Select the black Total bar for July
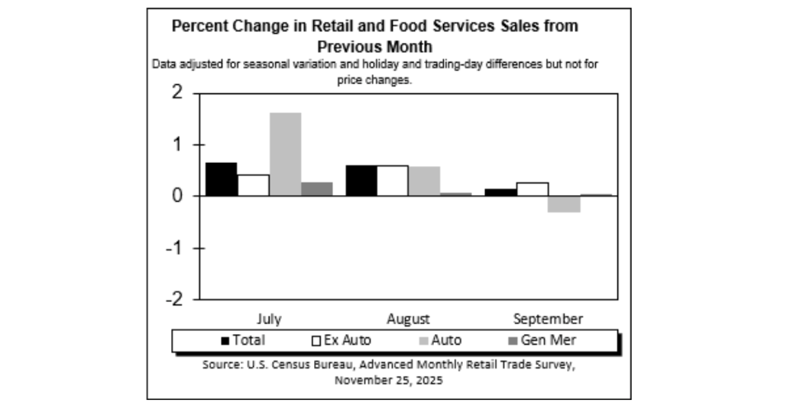point(221,179)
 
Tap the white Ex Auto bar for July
point(253,185)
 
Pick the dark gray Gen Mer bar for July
point(317,189)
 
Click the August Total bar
point(361,180)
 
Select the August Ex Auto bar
point(393,180)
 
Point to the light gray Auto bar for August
point(424,181)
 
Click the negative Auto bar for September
point(564,204)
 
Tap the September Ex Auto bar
point(532,189)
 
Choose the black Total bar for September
point(500,192)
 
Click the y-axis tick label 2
point(177,93)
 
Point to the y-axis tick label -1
point(174,248)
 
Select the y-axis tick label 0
point(177,197)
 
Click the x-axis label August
point(408,318)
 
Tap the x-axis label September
point(548,318)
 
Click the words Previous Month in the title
point(374,45)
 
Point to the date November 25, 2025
point(388,379)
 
